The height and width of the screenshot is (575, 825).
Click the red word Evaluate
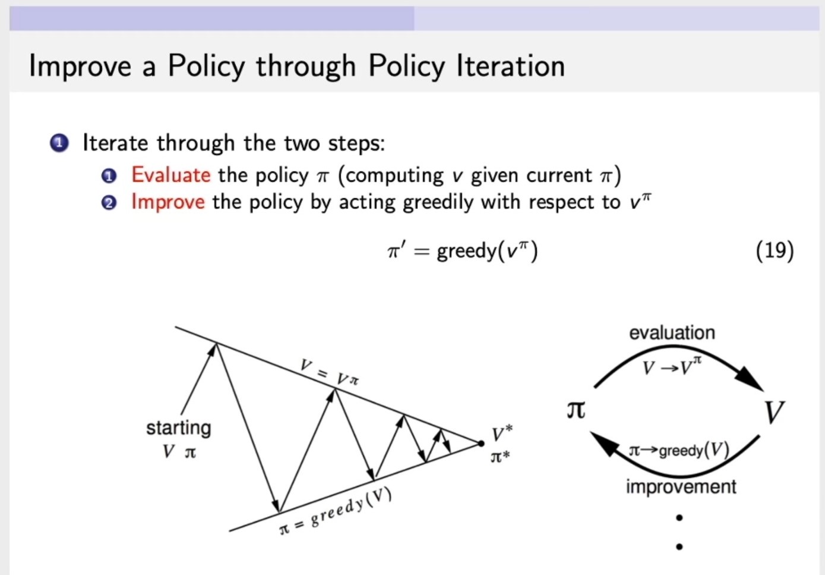click(x=170, y=175)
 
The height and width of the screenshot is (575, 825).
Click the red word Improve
click(x=168, y=202)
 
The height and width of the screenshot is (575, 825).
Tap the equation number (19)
click(x=775, y=250)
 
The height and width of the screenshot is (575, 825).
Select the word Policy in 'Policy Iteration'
click(x=206, y=65)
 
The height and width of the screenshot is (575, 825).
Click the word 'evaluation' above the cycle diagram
click(x=672, y=332)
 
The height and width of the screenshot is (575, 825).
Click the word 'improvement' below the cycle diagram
click(x=681, y=486)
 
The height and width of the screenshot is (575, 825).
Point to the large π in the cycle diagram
click(x=576, y=410)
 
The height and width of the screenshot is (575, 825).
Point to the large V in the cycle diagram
click(x=774, y=411)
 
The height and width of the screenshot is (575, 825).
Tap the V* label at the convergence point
click(x=501, y=433)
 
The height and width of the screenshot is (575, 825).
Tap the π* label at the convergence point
click(x=500, y=457)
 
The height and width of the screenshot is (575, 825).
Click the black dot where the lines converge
click(x=481, y=443)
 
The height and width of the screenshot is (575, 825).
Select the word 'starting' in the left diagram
click(x=178, y=428)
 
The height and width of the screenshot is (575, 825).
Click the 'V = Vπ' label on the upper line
click(x=329, y=372)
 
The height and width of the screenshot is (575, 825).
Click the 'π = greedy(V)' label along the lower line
click(x=336, y=511)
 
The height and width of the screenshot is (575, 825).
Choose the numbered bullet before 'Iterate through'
click(x=59, y=143)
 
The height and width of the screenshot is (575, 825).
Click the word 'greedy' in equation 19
click(x=466, y=252)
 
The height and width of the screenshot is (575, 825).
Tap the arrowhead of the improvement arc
click(x=605, y=443)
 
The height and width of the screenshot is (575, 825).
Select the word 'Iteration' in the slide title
click(x=510, y=65)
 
